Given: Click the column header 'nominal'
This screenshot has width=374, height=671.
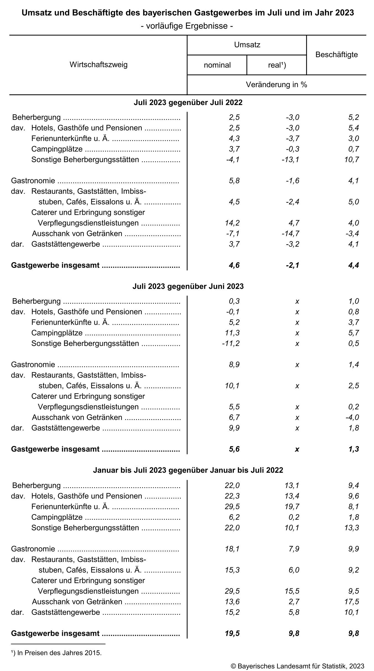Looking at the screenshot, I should coord(217,65).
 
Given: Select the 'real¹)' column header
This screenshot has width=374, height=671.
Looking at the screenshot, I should coord(277,65).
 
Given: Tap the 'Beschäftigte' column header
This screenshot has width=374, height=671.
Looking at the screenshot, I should coord(336,55).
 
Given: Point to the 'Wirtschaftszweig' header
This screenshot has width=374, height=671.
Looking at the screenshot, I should coord(98,65).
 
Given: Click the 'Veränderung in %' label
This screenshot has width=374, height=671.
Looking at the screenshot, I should coord(276,85).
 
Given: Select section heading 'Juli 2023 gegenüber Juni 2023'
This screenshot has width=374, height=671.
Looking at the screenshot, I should coord(188,286).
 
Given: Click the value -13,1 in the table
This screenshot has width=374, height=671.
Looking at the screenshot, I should coord(290,160).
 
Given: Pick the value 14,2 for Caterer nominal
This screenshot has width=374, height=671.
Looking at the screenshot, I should coord(232,223).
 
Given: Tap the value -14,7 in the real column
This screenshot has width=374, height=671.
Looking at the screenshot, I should coord(290,234).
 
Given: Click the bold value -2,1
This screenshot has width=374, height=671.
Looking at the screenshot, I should coord(292,265).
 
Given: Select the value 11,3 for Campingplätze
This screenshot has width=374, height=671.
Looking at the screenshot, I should coord(232,333).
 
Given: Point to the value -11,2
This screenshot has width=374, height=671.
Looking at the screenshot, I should coord(231,344).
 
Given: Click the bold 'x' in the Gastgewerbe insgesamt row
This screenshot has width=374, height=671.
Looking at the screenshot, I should coord(297,449).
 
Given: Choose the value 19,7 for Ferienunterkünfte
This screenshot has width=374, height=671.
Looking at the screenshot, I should coord(292,506).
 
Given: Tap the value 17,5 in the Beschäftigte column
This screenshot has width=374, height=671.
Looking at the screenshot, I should coord(352,602).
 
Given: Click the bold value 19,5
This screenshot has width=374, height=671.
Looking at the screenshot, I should coord(232,633).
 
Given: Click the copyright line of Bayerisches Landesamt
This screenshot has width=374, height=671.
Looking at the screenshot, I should coord(297,666).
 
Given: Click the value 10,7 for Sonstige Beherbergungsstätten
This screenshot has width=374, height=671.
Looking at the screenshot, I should coord(352,160).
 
